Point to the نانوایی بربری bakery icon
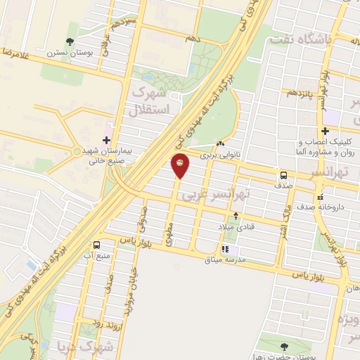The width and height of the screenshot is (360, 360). point(221,143)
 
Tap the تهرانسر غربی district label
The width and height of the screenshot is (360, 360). point(211,196)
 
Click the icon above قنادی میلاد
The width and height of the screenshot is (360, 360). point(236,215)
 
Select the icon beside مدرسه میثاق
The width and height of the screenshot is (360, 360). point(224,249)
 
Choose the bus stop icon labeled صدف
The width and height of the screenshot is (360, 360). point(283,174)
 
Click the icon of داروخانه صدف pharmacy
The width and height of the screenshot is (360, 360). point(320,197)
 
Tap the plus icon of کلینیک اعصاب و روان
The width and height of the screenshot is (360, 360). point(324,131)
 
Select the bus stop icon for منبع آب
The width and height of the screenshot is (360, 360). point(96,245)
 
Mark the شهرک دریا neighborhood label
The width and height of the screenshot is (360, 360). point(96,347)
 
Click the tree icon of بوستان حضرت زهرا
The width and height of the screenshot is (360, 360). point(284,346)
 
